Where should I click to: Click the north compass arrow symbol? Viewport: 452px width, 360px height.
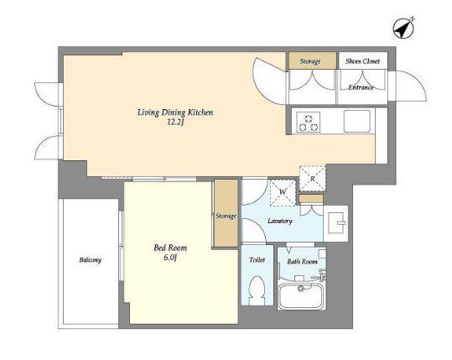[x=403, y=29]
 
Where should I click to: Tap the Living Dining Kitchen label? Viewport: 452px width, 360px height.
[x=175, y=112]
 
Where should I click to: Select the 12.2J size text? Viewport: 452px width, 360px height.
[x=175, y=123]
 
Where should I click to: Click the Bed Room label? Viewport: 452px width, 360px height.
[x=170, y=248]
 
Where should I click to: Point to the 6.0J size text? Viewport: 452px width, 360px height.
[x=170, y=258]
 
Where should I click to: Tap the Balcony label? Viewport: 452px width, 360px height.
[x=91, y=260]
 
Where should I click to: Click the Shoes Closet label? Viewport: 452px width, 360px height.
[x=362, y=61]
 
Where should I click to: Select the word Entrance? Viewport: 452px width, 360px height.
[x=361, y=87]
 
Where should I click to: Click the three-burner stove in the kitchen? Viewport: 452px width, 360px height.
[x=308, y=122]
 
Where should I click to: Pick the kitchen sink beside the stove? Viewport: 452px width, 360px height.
[x=357, y=121]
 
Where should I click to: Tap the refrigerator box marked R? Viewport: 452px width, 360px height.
[x=313, y=179]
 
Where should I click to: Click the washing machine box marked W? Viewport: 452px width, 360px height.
[x=283, y=193]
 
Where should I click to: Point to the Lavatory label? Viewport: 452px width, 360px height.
[x=279, y=221]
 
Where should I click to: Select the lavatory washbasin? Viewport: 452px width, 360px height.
[x=336, y=223]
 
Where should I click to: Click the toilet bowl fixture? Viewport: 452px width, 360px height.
[x=257, y=290]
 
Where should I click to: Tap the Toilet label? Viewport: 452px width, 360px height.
[x=257, y=260]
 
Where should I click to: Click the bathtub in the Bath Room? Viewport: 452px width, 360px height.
[x=301, y=295]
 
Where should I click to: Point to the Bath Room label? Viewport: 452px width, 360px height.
[x=302, y=262]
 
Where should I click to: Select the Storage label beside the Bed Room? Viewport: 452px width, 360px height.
[x=226, y=216]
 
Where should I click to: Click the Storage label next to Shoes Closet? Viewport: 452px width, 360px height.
[x=310, y=61]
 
